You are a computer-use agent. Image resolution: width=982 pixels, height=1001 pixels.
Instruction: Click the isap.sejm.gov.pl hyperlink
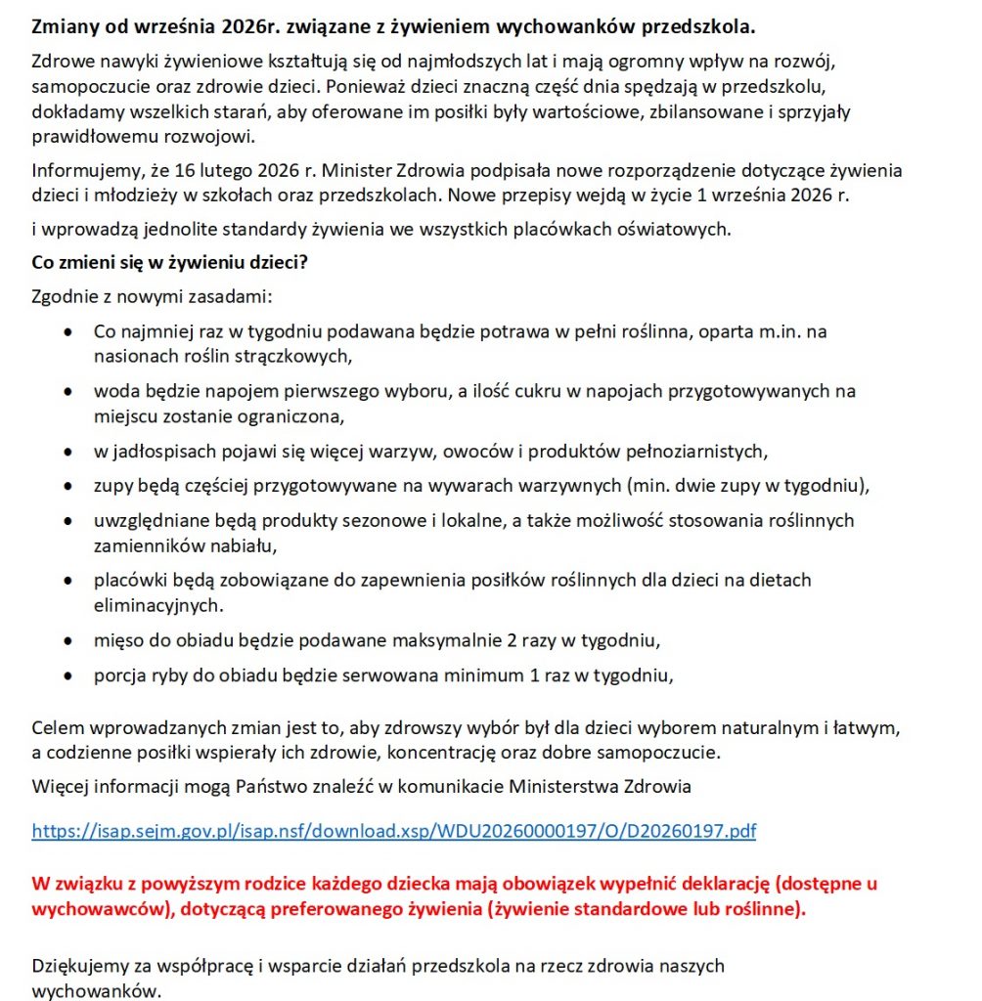(393, 832)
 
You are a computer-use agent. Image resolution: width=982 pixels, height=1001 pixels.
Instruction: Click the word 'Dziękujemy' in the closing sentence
(79, 966)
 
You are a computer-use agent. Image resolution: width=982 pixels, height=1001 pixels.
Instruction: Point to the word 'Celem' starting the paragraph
(55, 728)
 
